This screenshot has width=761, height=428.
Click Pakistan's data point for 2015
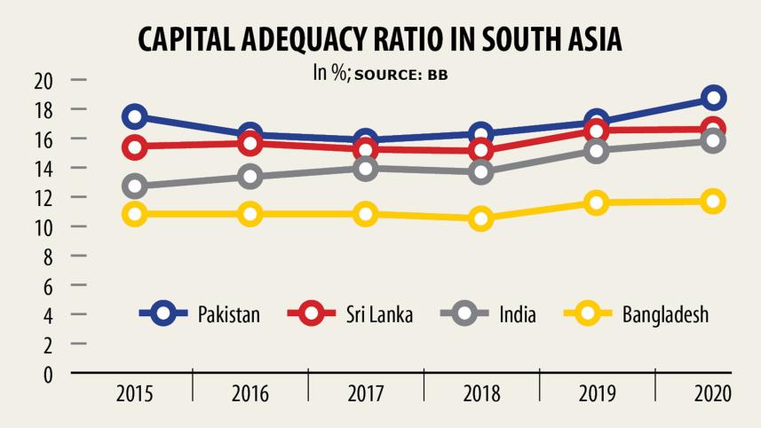coord(135,116)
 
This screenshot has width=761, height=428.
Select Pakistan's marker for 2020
coord(713,98)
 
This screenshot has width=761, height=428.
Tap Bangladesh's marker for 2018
coord(481,218)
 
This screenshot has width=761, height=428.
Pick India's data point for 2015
coord(135,186)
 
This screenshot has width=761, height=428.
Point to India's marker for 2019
coord(597,150)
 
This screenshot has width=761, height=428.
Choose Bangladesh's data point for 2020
coord(713,202)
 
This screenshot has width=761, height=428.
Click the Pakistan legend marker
coord(164,313)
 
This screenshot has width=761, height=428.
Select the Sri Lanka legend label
coord(379,314)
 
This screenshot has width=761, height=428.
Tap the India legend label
coord(517,314)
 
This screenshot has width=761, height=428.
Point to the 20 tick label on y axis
coord(44,81)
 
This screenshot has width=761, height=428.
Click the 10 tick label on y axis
coord(44,227)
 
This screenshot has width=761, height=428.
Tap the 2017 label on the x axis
coord(366,393)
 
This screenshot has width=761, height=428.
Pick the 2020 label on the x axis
coord(713,393)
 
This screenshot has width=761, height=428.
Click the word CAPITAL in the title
coord(194,41)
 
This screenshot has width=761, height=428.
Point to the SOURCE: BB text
coord(401,75)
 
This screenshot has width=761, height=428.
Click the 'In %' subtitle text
coord(330,73)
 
